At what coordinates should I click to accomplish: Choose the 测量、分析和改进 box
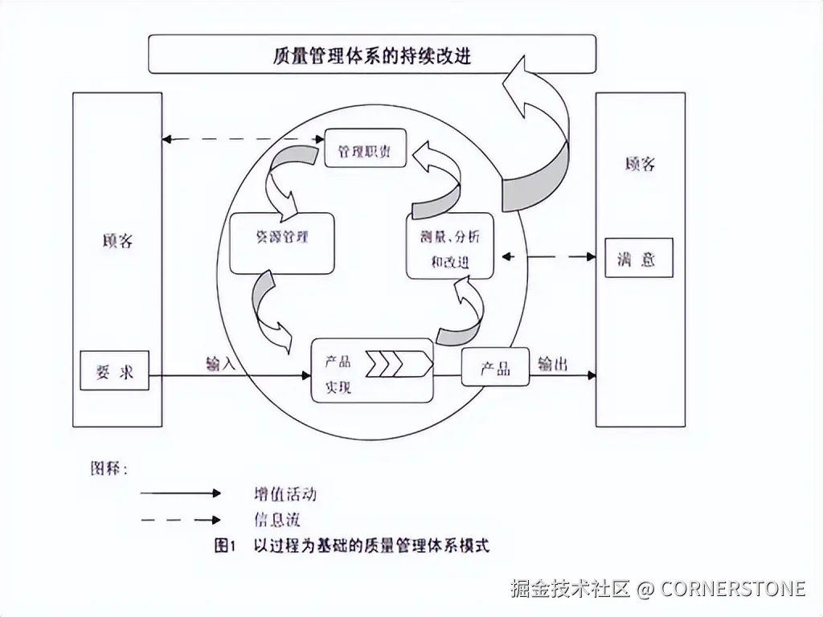tap(449, 248)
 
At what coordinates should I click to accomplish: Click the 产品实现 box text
tap(338, 374)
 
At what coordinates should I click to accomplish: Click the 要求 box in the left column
tap(114, 372)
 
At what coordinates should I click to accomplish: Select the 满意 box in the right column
tap(638, 259)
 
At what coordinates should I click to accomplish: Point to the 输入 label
tap(220, 363)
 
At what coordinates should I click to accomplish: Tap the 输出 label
tap(552, 363)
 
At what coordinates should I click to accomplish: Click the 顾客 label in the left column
tap(117, 240)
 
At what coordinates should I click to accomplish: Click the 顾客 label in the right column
tap(640, 164)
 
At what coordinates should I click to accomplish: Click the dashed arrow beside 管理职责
tap(242, 139)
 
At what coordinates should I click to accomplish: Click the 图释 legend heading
tap(108, 468)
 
